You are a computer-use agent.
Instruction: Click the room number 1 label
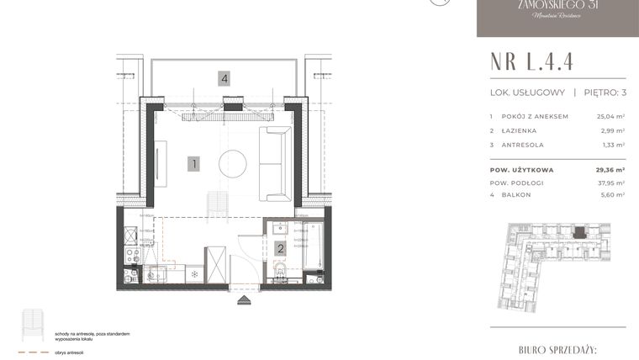click(193, 164)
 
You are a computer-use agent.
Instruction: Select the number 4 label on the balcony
click(224, 79)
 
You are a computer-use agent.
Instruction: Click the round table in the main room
click(232, 163)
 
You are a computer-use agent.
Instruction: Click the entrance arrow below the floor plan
click(244, 298)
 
